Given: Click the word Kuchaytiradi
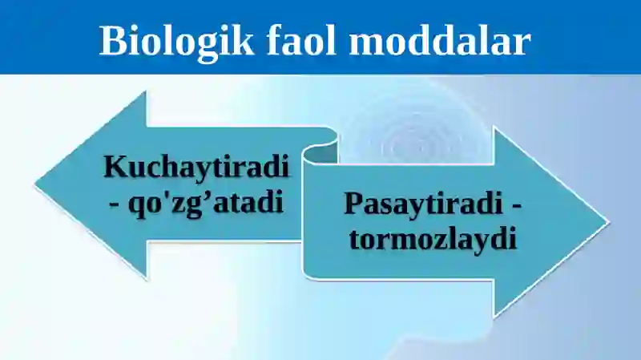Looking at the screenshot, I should pos(196,169).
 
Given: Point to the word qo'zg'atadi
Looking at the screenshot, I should pos(206,201).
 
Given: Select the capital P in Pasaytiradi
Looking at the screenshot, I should pos(353,204).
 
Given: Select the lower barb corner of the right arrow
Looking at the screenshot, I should pos(494,315).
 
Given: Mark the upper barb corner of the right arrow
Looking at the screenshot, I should pos(494,128).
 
